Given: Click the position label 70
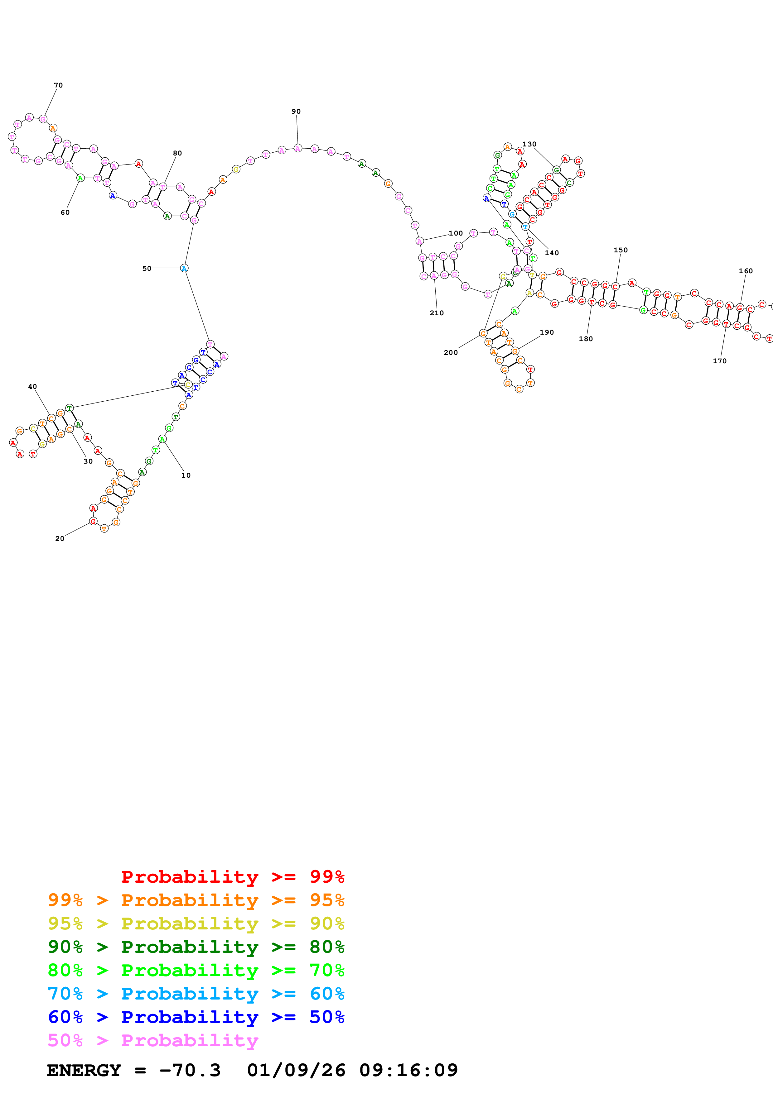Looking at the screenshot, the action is point(58,85).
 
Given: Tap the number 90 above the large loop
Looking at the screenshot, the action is point(296,112).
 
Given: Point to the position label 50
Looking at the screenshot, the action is point(147,269).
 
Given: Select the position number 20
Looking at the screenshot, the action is point(60,538).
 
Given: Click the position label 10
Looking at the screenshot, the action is point(186,475).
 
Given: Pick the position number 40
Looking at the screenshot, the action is point(32,387).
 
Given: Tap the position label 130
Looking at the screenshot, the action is point(529,144).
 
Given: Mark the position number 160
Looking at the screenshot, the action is point(745,271).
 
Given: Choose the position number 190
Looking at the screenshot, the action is point(547,332).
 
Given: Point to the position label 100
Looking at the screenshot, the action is point(456,233).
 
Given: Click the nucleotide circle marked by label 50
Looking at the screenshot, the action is point(184,269).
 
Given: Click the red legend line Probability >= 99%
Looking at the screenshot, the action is point(232,877).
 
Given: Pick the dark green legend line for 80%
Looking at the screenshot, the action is point(196,947).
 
